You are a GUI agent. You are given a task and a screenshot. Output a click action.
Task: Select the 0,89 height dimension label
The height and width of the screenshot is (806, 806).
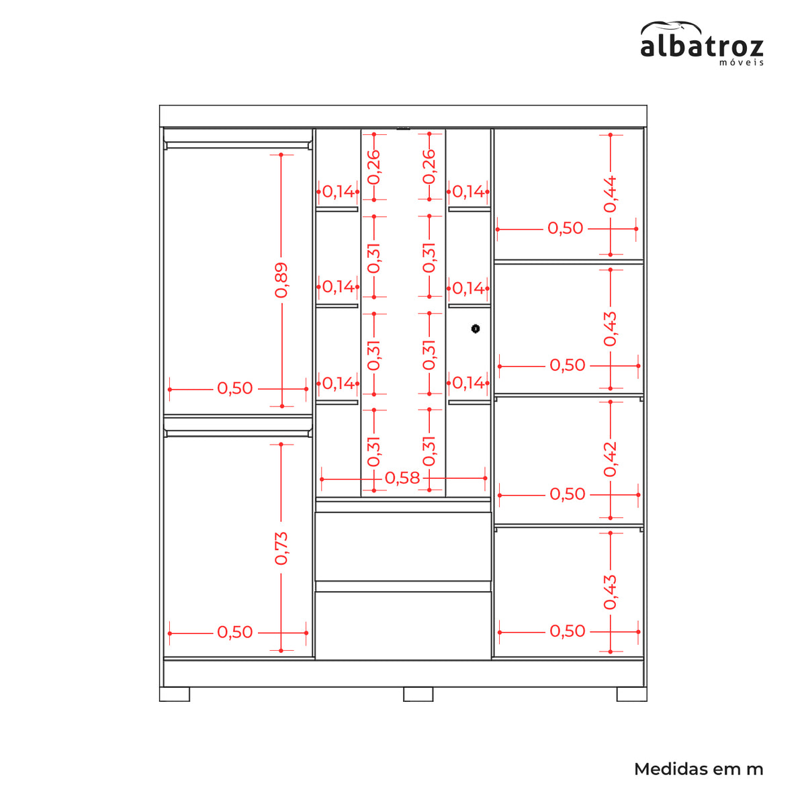click(281, 280)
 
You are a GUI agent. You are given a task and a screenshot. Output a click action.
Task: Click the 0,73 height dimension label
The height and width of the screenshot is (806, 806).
click(281, 548)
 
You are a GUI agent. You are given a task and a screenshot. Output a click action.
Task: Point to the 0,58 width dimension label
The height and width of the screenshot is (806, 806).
click(402, 478)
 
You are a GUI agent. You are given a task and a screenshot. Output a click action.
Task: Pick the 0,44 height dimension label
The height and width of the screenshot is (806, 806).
click(610, 195)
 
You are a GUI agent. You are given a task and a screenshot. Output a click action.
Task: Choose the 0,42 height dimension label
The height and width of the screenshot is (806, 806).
click(610, 459)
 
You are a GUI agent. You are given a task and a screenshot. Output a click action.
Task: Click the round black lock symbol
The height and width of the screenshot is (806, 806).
click(475, 328)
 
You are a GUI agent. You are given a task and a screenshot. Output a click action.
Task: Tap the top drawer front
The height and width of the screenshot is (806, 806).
click(403, 546)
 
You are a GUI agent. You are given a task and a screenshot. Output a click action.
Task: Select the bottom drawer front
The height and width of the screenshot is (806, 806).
click(403, 625)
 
